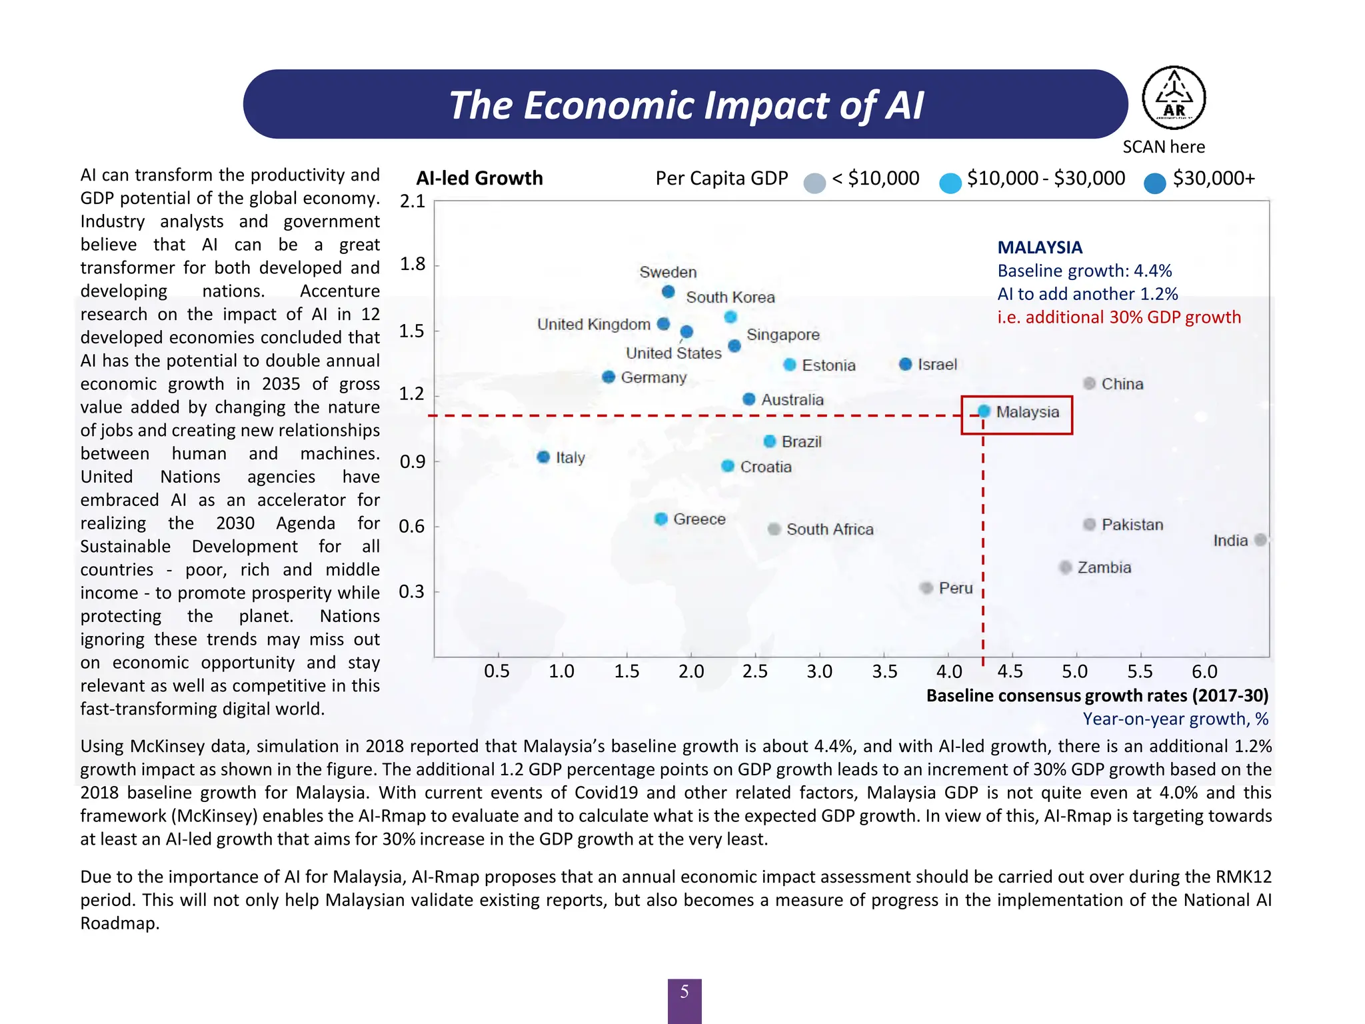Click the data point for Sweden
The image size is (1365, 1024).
[x=668, y=292]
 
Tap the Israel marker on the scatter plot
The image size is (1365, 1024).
[x=905, y=364]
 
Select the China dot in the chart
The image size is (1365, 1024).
[x=1090, y=383]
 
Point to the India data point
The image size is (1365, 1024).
[x=1260, y=540]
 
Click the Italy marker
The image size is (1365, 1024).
[x=543, y=457]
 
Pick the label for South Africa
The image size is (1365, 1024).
[x=830, y=529]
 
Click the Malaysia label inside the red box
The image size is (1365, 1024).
[x=1027, y=412]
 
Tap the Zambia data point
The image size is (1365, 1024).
[x=1066, y=567]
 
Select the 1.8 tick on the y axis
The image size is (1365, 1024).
[x=412, y=265]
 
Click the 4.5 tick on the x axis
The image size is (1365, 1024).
[x=1010, y=671]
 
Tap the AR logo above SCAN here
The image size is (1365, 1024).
[x=1174, y=98]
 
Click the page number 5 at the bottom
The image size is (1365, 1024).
[x=684, y=993]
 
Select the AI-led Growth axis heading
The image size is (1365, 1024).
[x=479, y=178]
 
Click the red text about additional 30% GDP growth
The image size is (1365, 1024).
[x=1119, y=317]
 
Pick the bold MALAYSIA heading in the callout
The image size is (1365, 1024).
[x=1040, y=247]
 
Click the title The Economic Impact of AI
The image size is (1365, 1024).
[x=686, y=105]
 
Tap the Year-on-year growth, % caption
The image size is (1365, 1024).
[x=1175, y=719]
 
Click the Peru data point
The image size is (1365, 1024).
[x=926, y=588]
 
